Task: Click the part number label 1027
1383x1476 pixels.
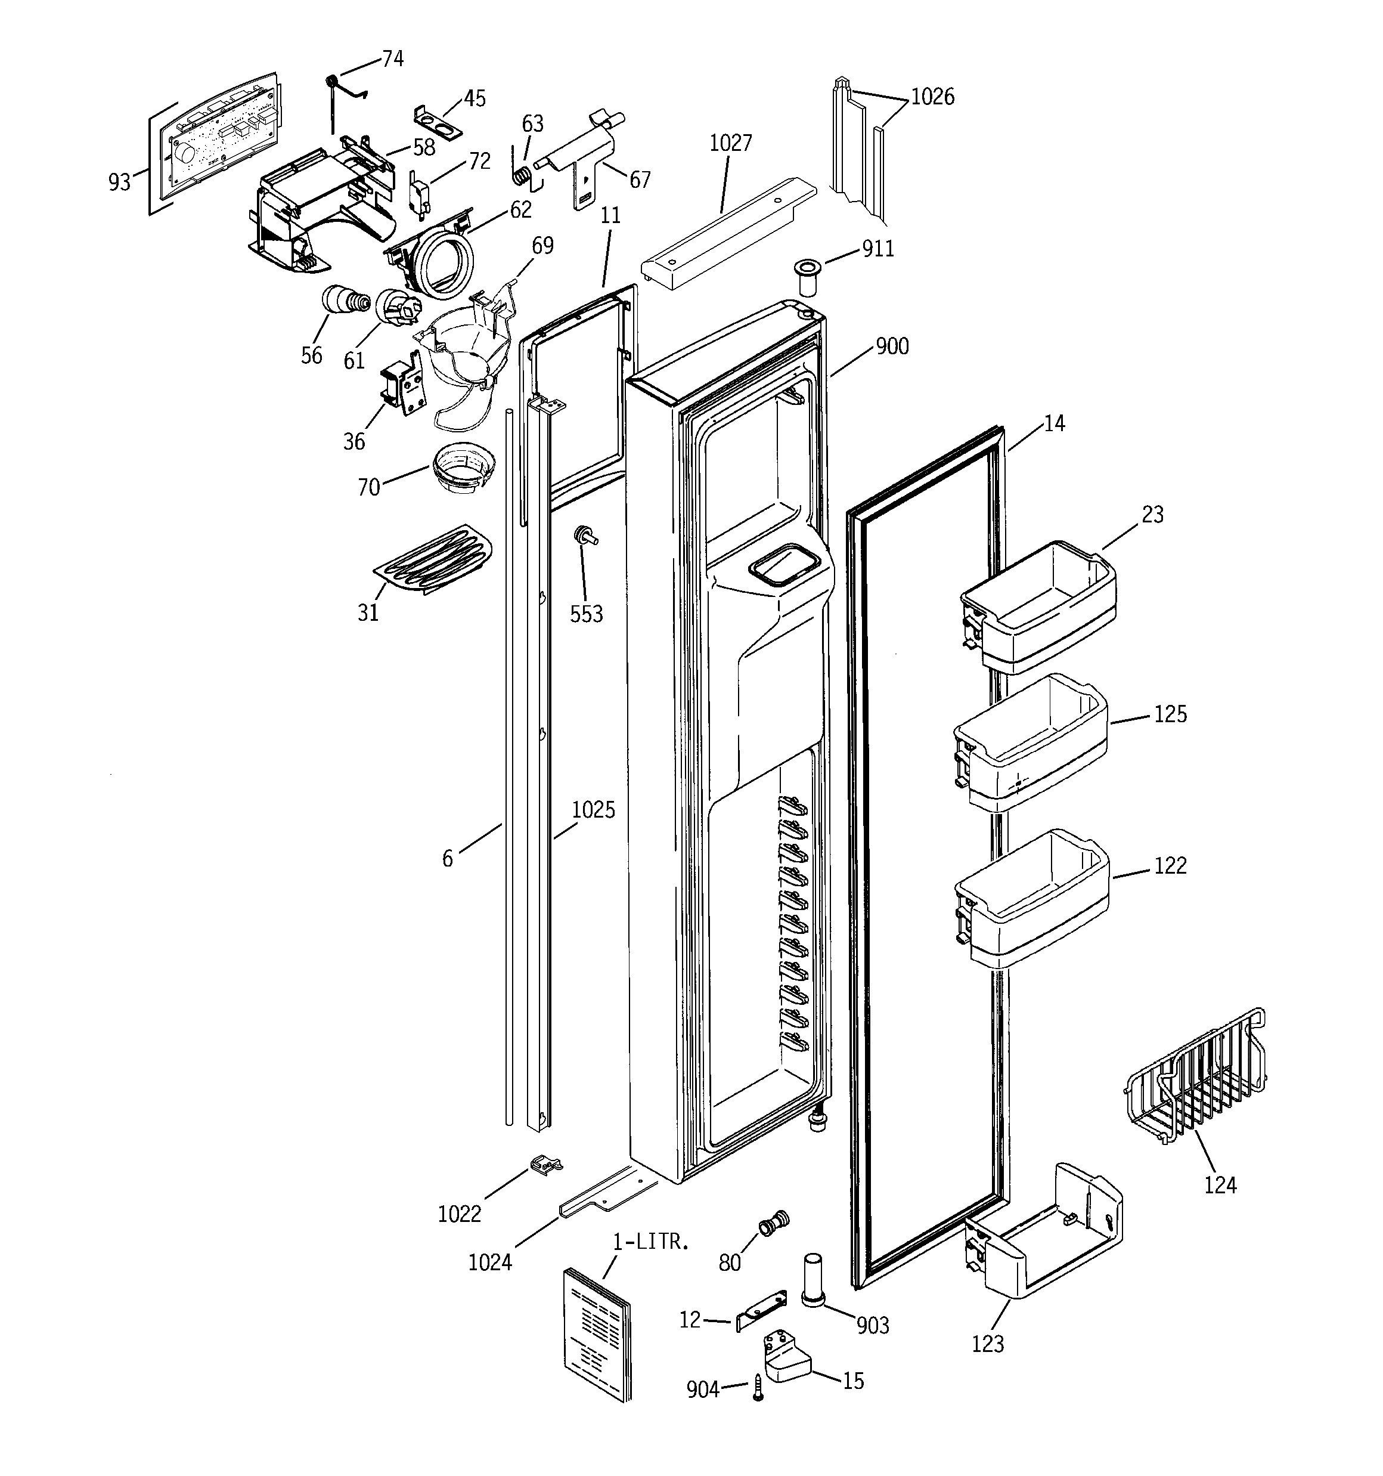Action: click(730, 143)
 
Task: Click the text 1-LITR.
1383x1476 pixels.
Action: click(651, 1242)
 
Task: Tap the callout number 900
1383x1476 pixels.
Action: click(892, 346)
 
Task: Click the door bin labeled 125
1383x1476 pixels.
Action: click(1030, 743)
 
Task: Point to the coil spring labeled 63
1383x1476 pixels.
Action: click(523, 175)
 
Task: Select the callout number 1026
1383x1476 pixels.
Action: click(932, 97)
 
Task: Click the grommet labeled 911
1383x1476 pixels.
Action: click(804, 276)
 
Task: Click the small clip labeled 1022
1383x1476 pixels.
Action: click(547, 1164)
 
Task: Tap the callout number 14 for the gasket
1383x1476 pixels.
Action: click(1054, 423)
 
